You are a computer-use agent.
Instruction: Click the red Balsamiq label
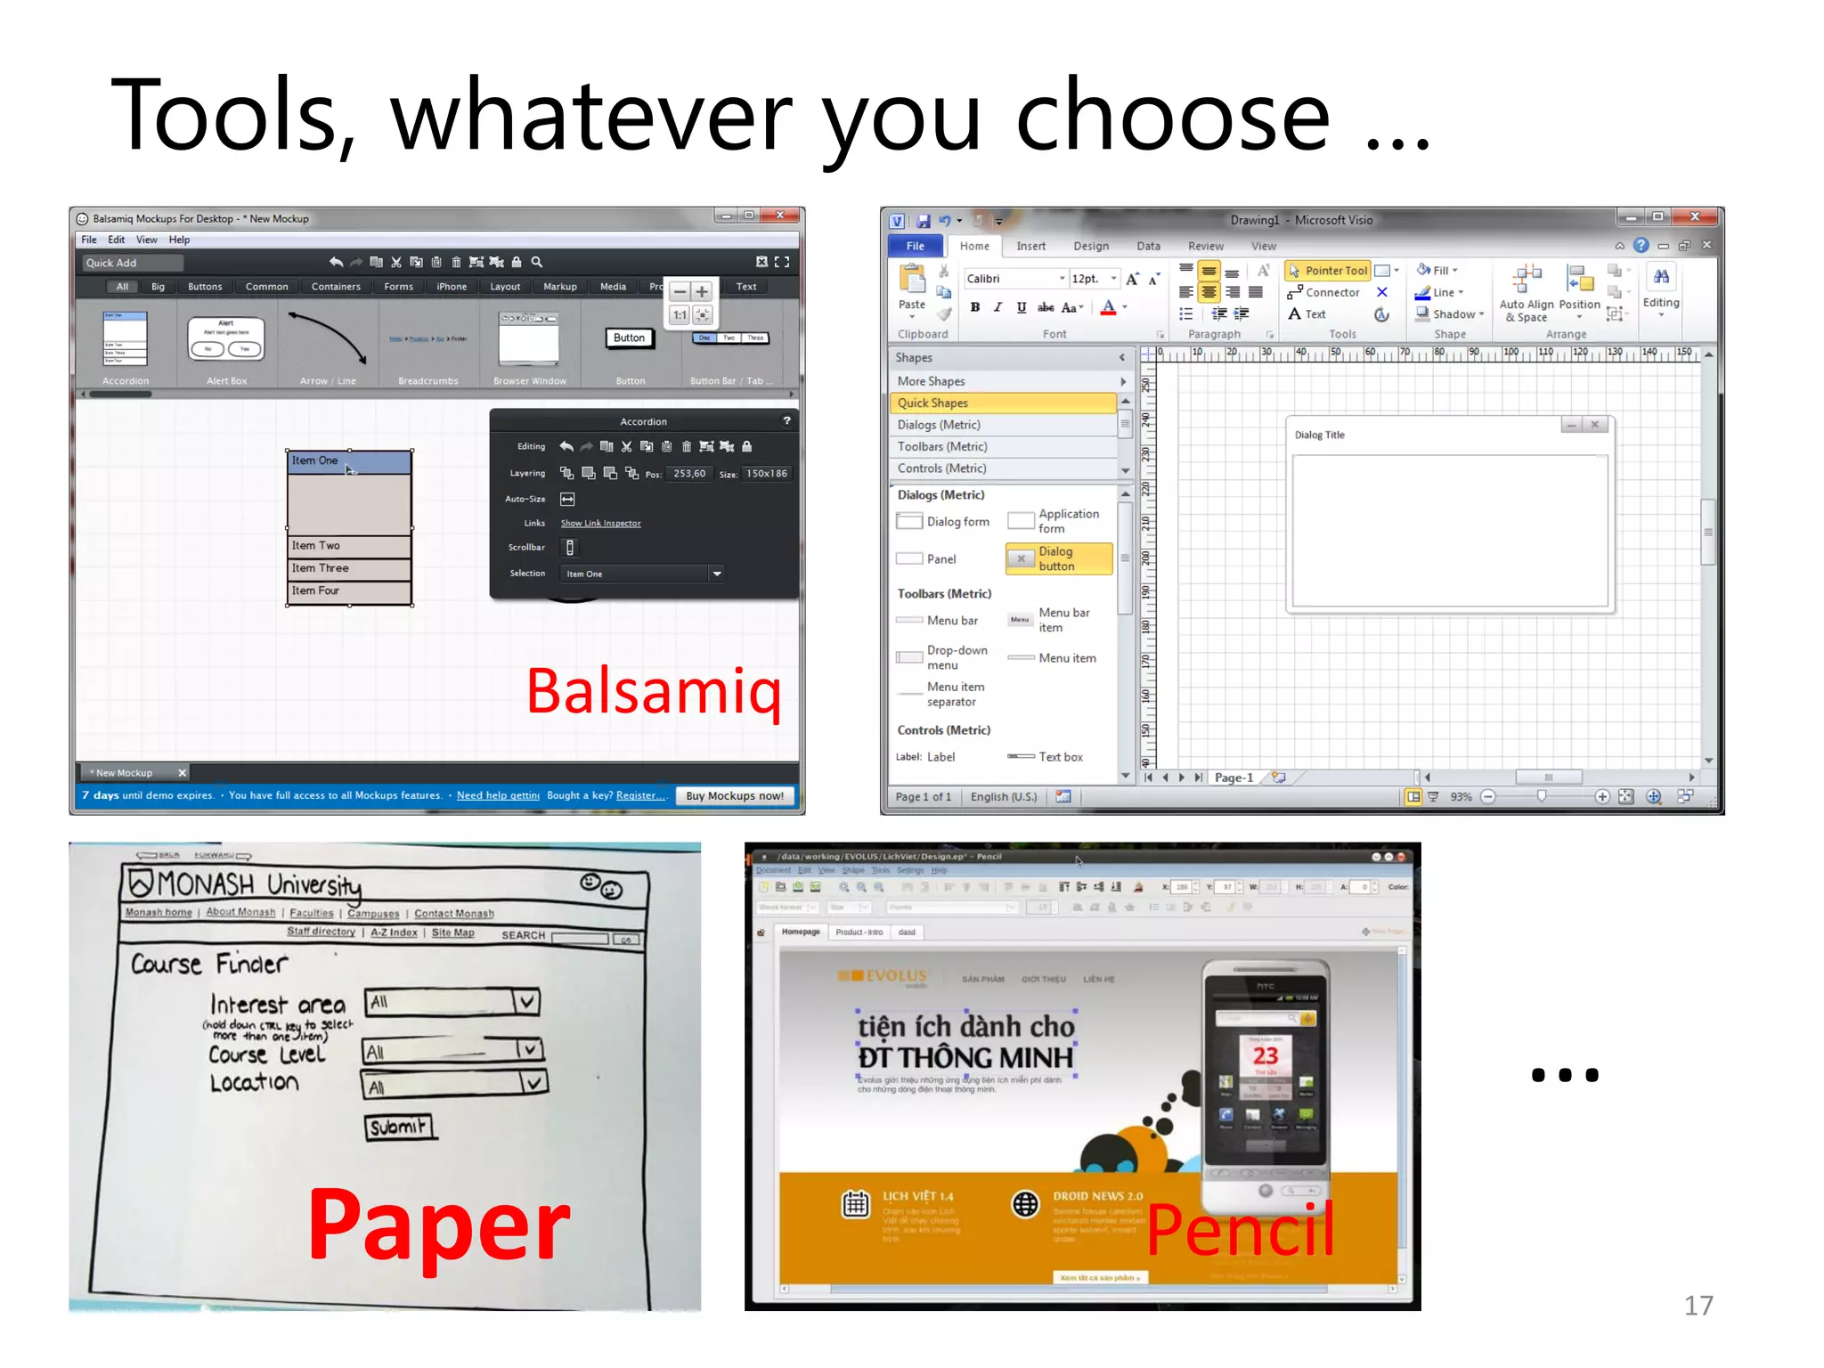[654, 691]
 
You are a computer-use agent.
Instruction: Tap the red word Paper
[438, 1226]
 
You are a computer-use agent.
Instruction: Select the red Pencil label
[1240, 1229]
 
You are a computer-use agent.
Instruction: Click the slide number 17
[1698, 1305]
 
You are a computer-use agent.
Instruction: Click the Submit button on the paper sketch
[398, 1127]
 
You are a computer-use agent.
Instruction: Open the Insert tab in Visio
[1030, 246]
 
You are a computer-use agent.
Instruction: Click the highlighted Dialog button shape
[1059, 558]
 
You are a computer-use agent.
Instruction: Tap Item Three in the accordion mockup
[321, 568]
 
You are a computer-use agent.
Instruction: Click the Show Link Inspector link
[600, 524]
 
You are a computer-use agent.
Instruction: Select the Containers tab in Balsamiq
[336, 287]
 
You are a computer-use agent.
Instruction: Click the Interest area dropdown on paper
[452, 1002]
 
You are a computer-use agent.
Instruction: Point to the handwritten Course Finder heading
[210, 964]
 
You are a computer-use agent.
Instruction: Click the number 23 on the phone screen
[1265, 1056]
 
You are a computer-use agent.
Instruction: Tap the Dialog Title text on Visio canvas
[1319, 435]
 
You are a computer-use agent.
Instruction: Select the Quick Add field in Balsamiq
[133, 263]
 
